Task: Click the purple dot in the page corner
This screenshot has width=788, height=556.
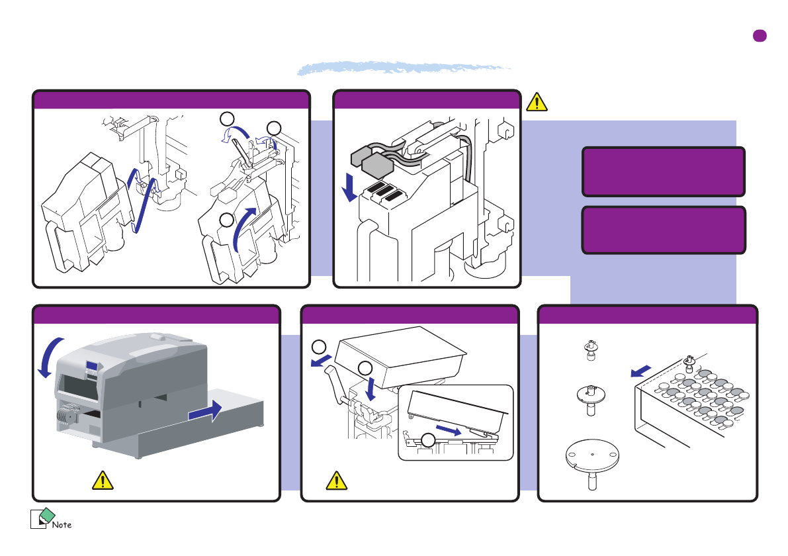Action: (x=760, y=36)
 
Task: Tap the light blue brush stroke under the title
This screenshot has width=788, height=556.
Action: (x=405, y=68)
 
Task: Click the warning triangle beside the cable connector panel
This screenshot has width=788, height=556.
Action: (x=537, y=101)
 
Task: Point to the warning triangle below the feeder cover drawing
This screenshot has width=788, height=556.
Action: (x=337, y=480)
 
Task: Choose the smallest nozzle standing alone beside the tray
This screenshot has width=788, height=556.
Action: (x=591, y=350)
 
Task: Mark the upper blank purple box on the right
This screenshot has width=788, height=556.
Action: (x=664, y=171)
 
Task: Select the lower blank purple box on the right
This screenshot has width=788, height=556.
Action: (x=664, y=230)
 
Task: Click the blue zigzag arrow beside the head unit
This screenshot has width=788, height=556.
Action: (x=142, y=197)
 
